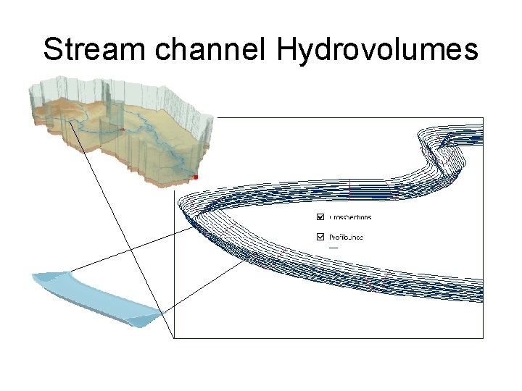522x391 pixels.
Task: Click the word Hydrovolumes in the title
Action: [x=376, y=51]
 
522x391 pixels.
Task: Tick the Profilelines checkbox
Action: [x=320, y=237]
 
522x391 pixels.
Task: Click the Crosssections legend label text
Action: [x=350, y=217]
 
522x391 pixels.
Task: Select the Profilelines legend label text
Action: [x=346, y=237]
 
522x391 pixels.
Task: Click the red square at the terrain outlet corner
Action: [x=196, y=177]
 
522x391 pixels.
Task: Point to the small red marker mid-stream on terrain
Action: [x=123, y=130]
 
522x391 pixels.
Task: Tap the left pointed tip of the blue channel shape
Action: [x=33, y=276]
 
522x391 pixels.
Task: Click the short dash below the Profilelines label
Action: [x=333, y=248]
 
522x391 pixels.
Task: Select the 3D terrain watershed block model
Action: [x=120, y=134]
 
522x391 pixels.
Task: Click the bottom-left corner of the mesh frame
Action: [x=175, y=337]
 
